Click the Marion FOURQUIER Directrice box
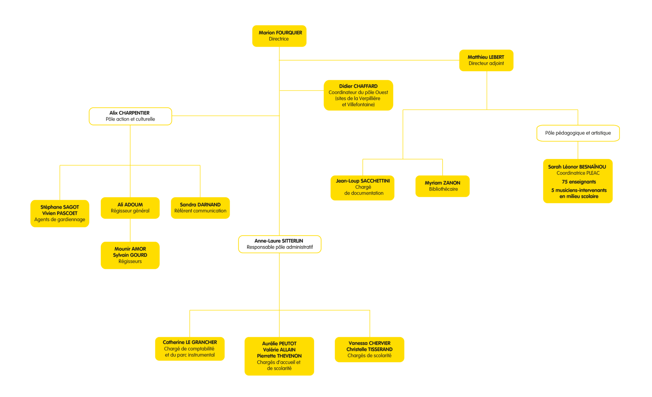pyautogui.click(x=279, y=36)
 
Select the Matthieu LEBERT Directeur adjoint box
pyautogui.click(x=486, y=60)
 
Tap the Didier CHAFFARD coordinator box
pyautogui.click(x=358, y=95)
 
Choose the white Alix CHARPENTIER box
pyautogui.click(x=130, y=116)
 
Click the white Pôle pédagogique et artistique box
pyautogui.click(x=578, y=133)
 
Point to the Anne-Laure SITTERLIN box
pyautogui.click(x=280, y=244)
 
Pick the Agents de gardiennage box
pyautogui.click(x=60, y=214)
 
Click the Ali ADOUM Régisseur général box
pyautogui.click(x=130, y=208)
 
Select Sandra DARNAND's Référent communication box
pyautogui.click(x=200, y=208)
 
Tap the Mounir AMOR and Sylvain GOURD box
pyautogui.click(x=130, y=255)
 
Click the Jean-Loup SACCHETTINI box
pyautogui.click(x=363, y=188)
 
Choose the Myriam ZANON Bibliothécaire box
pyautogui.click(x=443, y=186)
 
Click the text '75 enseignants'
pyautogui.click(x=579, y=182)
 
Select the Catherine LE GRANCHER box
pyautogui.click(x=190, y=349)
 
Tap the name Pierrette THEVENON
pyautogui.click(x=279, y=356)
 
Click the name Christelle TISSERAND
pyautogui.click(x=369, y=349)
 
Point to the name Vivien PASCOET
pyautogui.click(x=60, y=213)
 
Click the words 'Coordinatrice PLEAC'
pyautogui.click(x=578, y=173)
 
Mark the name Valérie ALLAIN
pyautogui.click(x=279, y=350)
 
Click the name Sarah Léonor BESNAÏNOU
pyautogui.click(x=577, y=167)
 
